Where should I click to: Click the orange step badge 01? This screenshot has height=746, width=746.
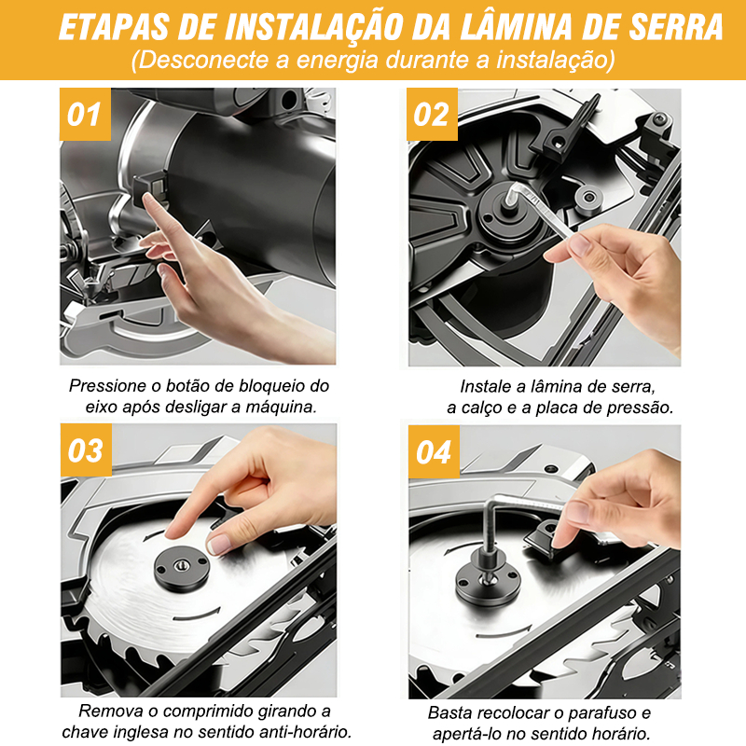[85, 114]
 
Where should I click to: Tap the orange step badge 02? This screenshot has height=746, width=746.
[432, 114]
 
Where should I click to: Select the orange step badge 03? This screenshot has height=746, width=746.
[86, 450]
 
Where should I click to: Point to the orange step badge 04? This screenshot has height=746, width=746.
[434, 451]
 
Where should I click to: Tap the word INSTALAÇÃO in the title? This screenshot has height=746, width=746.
[314, 27]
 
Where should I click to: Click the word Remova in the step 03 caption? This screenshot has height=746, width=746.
[111, 711]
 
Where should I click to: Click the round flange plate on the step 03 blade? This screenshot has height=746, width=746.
[182, 569]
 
